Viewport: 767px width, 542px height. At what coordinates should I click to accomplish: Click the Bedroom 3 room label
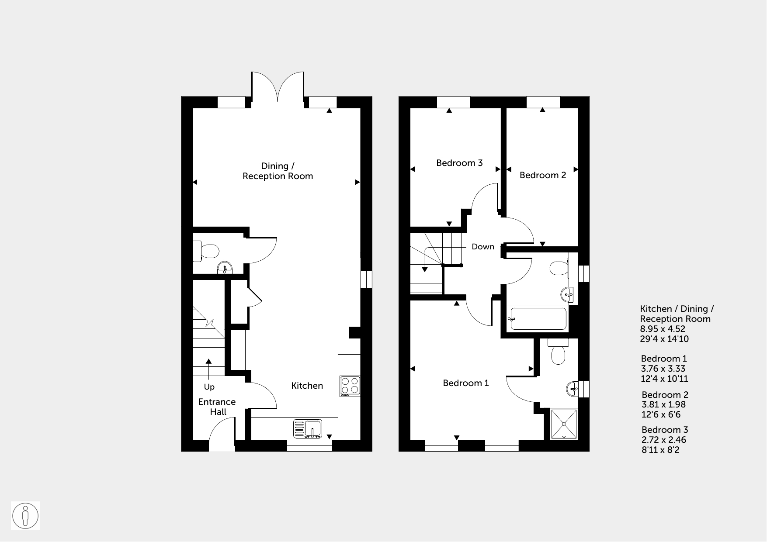coord(459,163)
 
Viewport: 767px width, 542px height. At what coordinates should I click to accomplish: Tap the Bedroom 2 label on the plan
coord(543,175)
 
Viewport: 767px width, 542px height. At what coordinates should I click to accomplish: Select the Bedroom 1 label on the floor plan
coord(466,383)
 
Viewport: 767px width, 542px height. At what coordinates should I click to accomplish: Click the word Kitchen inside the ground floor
coord(307,386)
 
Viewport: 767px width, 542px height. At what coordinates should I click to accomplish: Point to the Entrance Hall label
coord(217,407)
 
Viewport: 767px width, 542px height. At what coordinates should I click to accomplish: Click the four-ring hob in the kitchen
coord(350,386)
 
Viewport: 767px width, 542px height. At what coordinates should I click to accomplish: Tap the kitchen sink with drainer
coord(308,428)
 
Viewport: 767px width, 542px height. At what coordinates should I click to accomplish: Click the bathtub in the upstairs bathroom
coord(538,319)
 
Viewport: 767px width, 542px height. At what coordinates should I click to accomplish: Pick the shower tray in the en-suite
coord(564,424)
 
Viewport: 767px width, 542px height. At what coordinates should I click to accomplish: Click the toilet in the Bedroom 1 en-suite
coord(559,352)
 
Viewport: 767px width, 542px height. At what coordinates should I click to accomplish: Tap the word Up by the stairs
coord(209,387)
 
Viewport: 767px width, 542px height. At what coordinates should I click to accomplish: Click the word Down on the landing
coord(483,247)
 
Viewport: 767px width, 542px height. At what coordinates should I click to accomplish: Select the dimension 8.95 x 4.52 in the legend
coord(663,329)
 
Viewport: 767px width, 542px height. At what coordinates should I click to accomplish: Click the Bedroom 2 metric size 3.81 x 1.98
coord(663,405)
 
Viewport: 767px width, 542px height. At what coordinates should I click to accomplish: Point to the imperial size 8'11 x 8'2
coord(661,450)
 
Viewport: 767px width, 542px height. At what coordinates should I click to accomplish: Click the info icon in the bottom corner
coord(25,516)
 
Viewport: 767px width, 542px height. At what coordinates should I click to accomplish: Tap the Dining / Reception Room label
coord(278,171)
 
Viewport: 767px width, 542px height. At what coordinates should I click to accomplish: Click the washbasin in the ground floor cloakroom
coord(225,268)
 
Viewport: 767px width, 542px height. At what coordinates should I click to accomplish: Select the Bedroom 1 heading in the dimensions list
coord(664,359)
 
